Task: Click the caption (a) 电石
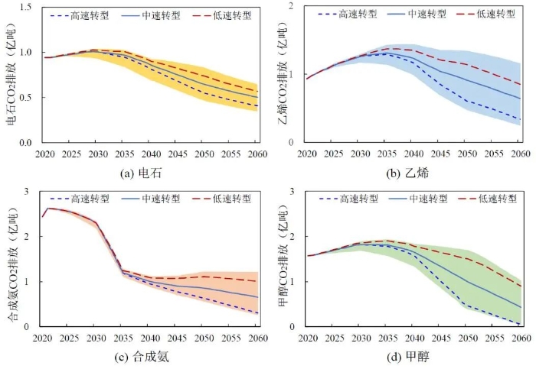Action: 145,173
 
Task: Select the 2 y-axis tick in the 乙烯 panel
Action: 294,7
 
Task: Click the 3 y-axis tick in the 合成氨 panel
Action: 28,192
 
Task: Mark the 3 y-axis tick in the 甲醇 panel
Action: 294,192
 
